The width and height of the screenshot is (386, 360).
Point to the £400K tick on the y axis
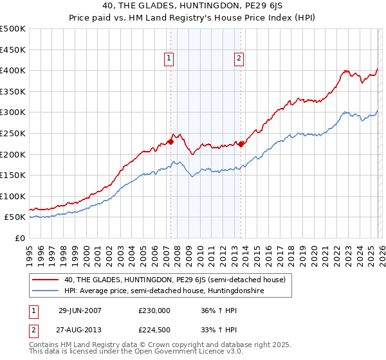coord(13,70)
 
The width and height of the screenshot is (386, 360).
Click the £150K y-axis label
coord(13,175)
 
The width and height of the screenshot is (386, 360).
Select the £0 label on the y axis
coord(19,238)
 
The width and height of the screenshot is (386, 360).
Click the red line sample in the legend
coord(46,279)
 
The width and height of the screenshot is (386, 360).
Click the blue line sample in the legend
coord(46,291)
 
